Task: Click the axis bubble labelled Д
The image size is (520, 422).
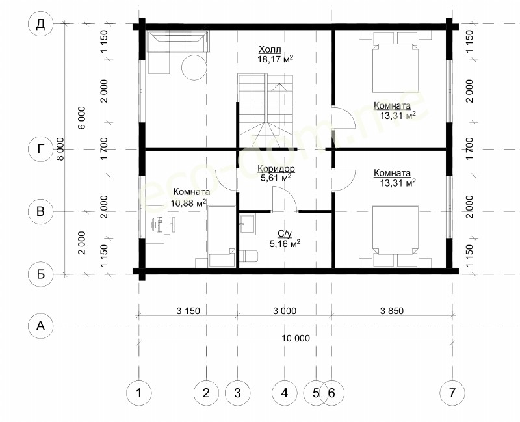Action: click(40, 24)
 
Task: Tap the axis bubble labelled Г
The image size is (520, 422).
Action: click(40, 150)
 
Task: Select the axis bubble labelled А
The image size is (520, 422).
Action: click(40, 326)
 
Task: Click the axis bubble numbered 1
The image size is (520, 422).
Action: click(139, 393)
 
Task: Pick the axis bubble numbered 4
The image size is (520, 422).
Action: click(284, 393)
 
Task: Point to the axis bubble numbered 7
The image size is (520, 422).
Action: click(452, 393)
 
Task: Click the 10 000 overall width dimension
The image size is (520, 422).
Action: click(296, 338)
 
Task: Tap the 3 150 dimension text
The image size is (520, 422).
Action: click(188, 311)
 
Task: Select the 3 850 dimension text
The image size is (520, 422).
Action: click(392, 311)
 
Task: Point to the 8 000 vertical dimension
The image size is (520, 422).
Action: click(60, 150)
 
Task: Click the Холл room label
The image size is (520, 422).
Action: click(270, 50)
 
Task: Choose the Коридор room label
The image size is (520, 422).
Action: click(276, 169)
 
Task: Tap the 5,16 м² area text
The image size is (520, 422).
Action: click(285, 244)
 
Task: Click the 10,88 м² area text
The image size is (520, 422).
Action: click(188, 202)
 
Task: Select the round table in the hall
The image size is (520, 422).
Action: click(194, 68)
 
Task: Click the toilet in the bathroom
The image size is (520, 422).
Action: click(249, 256)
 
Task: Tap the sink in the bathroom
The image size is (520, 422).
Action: click(247, 224)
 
